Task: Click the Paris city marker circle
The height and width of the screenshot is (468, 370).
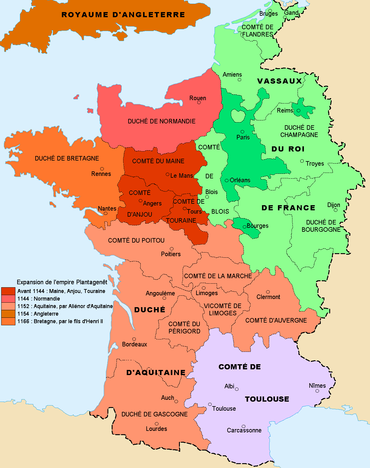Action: tap(242, 132)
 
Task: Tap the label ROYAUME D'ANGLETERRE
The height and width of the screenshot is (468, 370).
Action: tap(123, 15)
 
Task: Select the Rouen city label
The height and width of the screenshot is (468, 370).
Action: tap(198, 98)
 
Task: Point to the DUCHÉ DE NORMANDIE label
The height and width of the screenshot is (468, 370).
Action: tap(161, 121)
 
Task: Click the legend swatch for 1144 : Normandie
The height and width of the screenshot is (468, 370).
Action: tap(8, 299)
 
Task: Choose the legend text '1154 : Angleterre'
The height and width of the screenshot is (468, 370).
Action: tap(38, 314)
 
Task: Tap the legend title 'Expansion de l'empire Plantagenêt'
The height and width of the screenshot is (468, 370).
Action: tap(62, 282)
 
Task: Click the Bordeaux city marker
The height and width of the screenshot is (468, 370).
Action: tap(134, 339)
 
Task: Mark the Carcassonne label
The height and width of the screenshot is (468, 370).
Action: tap(244, 430)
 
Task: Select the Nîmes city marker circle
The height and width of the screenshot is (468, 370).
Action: tap(317, 391)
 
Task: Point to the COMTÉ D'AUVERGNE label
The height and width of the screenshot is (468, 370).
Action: tap(276, 320)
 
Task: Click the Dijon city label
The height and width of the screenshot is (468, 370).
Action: tap(333, 205)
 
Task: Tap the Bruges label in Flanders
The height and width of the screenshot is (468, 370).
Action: tap(268, 14)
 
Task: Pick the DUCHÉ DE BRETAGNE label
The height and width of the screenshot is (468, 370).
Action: tap(67, 158)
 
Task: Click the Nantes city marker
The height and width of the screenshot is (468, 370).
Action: tap(106, 213)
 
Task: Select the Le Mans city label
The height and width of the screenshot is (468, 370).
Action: tap(181, 176)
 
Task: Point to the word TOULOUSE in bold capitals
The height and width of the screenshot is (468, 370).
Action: tap(267, 399)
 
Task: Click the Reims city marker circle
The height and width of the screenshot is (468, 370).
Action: tap(298, 111)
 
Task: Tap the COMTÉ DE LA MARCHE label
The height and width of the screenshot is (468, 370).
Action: tap(218, 276)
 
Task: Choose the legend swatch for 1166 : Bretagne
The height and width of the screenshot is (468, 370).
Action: tap(8, 321)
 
